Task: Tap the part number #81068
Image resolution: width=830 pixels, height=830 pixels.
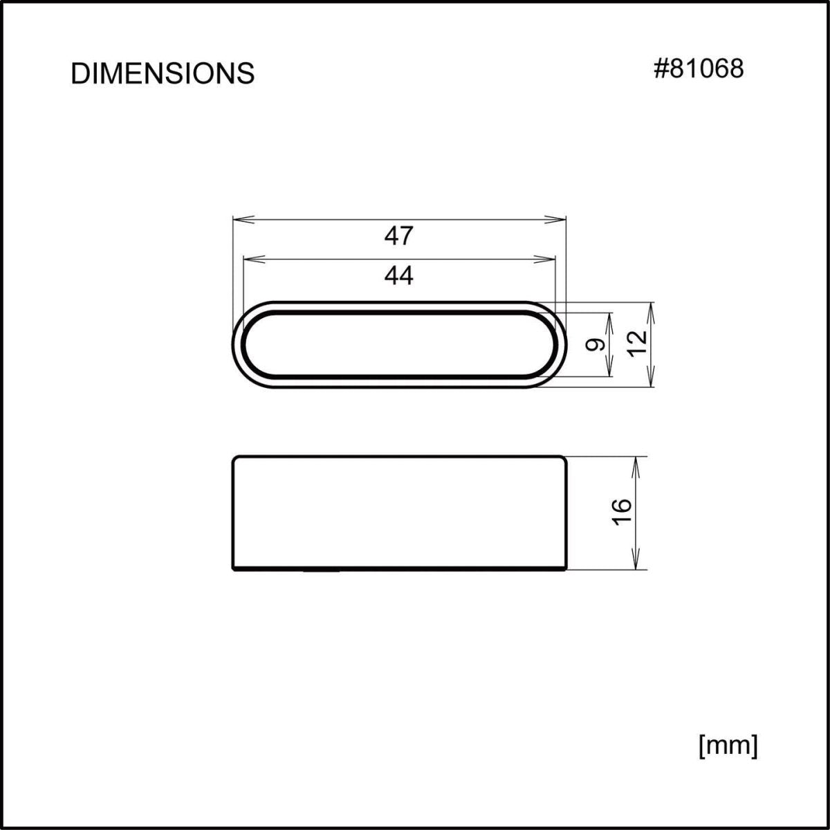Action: point(699,68)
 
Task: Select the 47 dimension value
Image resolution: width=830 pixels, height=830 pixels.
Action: point(399,237)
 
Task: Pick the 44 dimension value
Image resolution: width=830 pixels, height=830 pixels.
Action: point(399,276)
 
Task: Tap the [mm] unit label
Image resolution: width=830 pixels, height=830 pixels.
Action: point(728,746)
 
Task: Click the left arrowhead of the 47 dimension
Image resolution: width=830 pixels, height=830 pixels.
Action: point(239,219)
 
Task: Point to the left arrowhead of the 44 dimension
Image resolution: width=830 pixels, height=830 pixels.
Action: point(251,259)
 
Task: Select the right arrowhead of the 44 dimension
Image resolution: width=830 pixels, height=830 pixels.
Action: point(548,259)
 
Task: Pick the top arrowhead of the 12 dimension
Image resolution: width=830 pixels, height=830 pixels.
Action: point(650,308)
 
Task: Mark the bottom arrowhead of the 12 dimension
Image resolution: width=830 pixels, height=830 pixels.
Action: point(650,380)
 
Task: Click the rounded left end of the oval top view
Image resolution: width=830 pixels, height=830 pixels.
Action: point(237,344)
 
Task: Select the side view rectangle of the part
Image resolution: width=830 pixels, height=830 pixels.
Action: point(399,513)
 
